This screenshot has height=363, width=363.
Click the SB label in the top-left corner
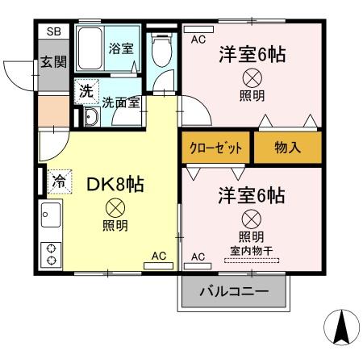pos(53,31)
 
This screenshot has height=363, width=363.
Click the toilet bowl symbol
pos(162,50)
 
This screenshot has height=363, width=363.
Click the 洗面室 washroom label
pos(121,102)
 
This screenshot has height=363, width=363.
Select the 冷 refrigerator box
pos(59,181)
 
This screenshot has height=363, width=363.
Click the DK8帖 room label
pos(115,184)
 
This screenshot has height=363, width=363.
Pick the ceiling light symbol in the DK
pos(115,207)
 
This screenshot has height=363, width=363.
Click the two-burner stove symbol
pos(51,254)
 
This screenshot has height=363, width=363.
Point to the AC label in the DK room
pos(159,256)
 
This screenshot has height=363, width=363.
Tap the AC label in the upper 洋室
pos(198,38)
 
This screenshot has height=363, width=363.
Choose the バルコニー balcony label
pos(234,290)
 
